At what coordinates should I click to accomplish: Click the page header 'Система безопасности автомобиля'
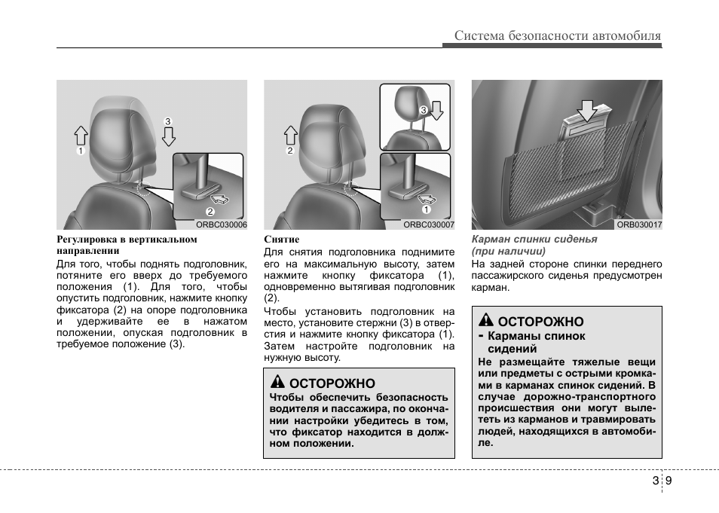557,35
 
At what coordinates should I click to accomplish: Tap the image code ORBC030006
222,224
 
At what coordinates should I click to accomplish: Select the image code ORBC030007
429,224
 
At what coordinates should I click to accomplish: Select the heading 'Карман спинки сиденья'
534,239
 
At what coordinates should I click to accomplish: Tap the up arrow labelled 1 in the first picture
81,136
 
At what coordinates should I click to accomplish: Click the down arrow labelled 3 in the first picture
169,136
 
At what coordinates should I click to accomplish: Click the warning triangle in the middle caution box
278,383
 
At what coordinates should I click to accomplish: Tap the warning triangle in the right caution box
487,321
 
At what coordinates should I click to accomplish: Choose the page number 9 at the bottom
669,481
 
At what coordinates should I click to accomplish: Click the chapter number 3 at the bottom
655,481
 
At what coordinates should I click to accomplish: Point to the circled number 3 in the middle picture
423,110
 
